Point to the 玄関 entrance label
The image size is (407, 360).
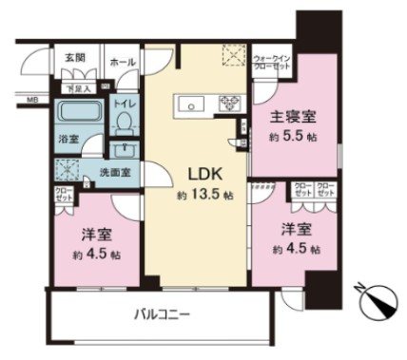(75, 59)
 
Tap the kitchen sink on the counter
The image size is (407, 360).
(185, 103)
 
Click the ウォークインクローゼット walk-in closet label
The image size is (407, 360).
(271, 64)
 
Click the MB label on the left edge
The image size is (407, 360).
(30, 98)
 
